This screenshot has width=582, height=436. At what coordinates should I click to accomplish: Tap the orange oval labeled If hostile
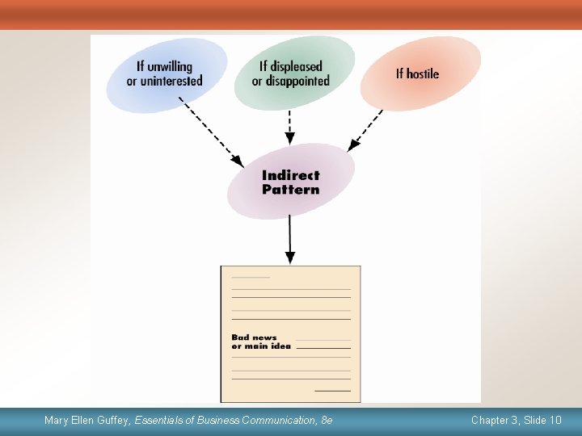tap(420, 73)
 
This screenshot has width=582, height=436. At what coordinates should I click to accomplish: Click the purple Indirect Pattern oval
tap(291, 182)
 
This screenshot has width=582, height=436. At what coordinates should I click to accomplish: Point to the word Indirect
tap(291, 175)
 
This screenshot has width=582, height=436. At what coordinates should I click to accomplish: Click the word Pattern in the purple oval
tap(291, 190)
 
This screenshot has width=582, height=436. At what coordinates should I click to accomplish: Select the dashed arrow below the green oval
tap(289, 127)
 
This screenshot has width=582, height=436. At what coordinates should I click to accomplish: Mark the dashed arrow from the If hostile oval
tap(366, 129)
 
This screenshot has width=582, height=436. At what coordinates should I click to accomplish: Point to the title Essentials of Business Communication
tap(226, 421)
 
